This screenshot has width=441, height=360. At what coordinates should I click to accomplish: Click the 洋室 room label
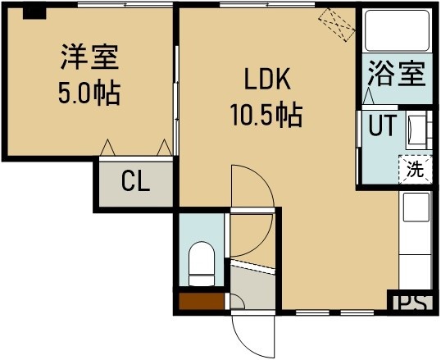point(89,57)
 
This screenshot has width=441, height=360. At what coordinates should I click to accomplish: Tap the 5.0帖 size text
point(89,93)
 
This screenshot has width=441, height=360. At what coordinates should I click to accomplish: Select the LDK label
point(267,80)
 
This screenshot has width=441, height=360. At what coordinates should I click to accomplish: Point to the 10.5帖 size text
point(266,115)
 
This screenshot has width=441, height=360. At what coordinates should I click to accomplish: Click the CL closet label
point(135,181)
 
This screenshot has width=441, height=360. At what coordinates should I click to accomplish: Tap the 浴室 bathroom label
point(397,73)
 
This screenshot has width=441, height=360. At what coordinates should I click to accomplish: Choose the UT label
point(383,125)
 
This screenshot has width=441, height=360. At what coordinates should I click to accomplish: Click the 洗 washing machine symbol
point(415,170)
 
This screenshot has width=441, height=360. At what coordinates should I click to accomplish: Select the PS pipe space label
point(412,303)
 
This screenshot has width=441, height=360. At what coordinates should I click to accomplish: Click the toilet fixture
point(201,264)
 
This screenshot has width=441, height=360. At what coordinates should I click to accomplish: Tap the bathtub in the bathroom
point(397,30)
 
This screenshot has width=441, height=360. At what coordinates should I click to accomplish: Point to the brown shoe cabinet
point(202,302)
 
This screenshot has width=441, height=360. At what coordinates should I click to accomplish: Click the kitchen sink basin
point(416,207)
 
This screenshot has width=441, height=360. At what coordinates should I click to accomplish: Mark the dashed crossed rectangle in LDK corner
point(337,25)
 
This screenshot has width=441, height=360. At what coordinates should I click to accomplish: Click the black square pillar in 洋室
point(34,13)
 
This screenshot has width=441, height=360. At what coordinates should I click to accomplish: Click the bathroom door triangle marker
point(368,96)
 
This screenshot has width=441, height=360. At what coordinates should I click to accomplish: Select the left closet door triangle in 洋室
point(107,148)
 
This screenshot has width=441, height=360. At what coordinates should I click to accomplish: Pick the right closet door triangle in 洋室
point(164,148)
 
